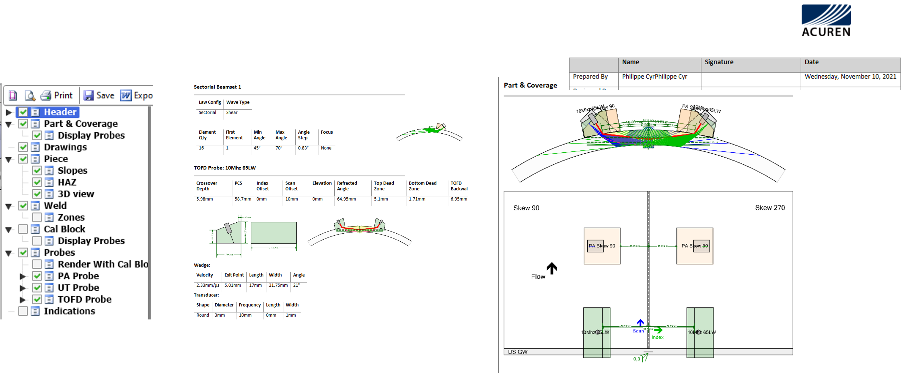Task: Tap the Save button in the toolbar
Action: pyautogui.click(x=99, y=95)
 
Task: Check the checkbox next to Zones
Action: pyautogui.click(x=37, y=217)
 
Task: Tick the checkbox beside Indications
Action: pyautogui.click(x=23, y=311)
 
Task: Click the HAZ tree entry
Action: pyautogui.click(x=67, y=182)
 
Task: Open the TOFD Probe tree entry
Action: pyautogui.click(x=84, y=299)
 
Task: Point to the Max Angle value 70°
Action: pyautogui.click(x=279, y=148)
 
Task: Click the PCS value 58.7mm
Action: pyautogui.click(x=243, y=199)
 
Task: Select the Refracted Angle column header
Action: pyautogui.click(x=347, y=186)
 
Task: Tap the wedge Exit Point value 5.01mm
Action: pyautogui.click(x=232, y=285)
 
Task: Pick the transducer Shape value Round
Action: pyautogui.click(x=203, y=315)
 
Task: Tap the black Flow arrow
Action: pyautogui.click(x=551, y=268)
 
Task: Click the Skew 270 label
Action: pyautogui.click(x=770, y=208)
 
